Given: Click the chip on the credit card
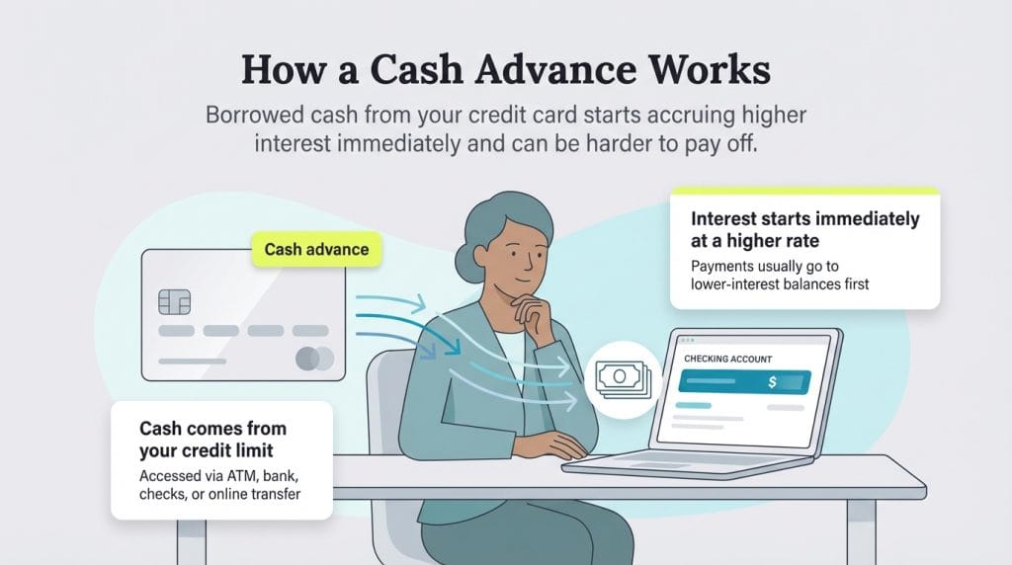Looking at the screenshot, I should pos(174,301).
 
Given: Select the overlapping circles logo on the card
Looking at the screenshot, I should pos(315,359).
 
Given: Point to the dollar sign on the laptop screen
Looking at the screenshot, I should pos(772,382).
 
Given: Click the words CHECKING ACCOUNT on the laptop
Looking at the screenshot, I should pos(730,358).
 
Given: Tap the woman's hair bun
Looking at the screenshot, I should pos(464,262).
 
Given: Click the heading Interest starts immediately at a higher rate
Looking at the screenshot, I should pos(805,228).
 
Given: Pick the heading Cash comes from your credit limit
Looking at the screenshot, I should pos(212,439).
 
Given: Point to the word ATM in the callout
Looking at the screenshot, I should pos(239,476).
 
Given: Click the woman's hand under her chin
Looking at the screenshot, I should pos(542,314).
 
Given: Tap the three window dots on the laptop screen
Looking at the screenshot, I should pos(682,340).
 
